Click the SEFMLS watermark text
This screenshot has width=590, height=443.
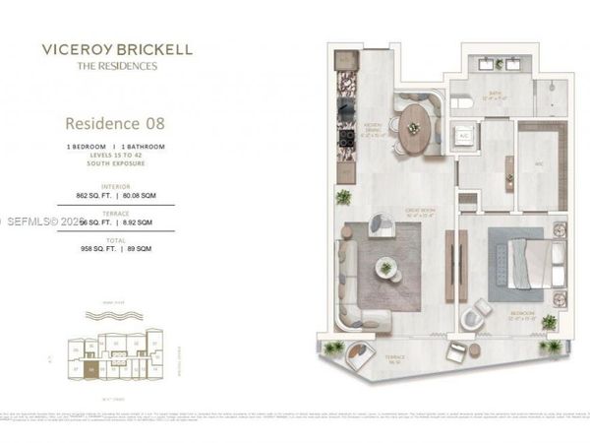coord(39,221)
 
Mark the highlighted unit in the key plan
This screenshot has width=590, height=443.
coord(91,369)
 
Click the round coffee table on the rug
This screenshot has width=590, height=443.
coord(386,267)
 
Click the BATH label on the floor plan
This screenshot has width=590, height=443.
coord(494,95)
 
